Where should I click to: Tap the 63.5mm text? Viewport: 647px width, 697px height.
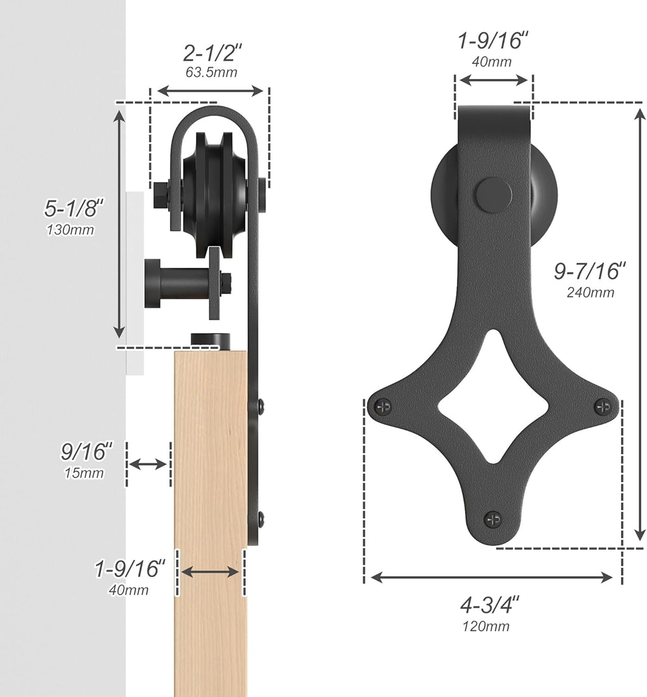[211, 72]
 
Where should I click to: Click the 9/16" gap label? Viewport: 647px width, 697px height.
[86, 452]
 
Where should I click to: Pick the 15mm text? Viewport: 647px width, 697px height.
[83, 473]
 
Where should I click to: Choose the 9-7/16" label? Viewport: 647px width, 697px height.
[590, 271]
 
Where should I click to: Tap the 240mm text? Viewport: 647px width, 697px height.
[591, 292]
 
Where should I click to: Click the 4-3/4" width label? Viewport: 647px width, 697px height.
[489, 605]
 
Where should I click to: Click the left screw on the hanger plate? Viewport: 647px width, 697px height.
[382, 406]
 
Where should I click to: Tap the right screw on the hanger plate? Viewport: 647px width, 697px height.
[603, 406]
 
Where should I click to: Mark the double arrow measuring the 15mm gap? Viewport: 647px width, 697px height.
[148, 464]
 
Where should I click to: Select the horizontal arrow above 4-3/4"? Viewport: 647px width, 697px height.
[492, 577]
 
